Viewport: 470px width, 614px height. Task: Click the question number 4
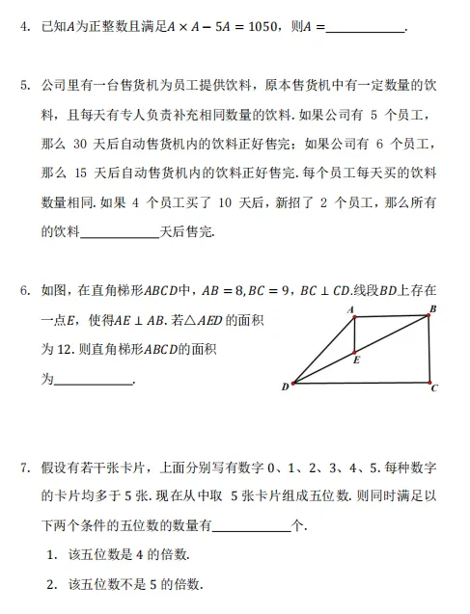[x=25, y=31]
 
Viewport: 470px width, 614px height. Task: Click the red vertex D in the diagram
[x=292, y=383]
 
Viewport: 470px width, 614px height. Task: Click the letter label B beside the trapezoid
[x=433, y=307]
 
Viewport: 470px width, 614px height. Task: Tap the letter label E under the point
[x=357, y=361]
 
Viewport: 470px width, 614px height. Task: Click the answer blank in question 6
[x=95, y=383]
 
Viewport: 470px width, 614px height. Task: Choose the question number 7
[x=25, y=467]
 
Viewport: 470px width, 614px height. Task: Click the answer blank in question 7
[x=251, y=527]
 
